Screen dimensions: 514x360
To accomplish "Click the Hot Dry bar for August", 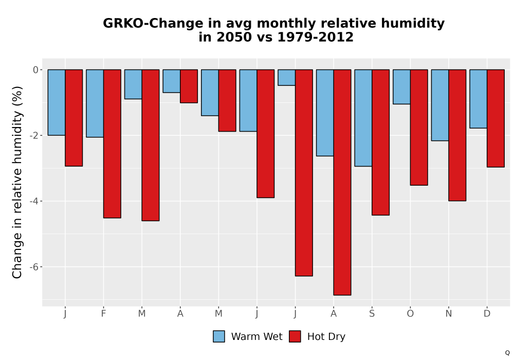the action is click(x=342, y=182).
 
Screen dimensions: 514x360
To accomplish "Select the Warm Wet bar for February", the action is click(x=95, y=103).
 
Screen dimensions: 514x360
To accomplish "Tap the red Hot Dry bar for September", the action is click(x=380, y=142).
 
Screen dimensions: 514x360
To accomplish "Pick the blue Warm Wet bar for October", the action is click(x=401, y=87).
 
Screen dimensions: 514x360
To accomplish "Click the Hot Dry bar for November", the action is click(x=457, y=135).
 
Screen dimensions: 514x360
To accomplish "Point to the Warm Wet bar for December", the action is click(x=478, y=99).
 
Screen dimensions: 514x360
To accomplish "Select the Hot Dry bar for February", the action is click(x=112, y=143).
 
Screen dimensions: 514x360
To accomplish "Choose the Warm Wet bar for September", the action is click(x=363, y=118).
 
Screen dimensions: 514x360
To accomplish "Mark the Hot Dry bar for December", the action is click(x=495, y=118).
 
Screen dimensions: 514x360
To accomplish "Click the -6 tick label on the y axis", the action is click(x=34, y=267).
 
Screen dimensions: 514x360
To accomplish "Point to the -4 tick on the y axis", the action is click(x=34, y=201).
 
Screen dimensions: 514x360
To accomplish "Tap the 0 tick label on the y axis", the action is click(x=36, y=69).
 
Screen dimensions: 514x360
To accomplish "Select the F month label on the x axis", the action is click(x=104, y=314).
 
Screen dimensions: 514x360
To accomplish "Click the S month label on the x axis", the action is click(x=372, y=314).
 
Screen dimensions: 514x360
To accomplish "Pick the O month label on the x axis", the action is click(x=410, y=314).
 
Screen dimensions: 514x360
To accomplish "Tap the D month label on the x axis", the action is click(x=487, y=314).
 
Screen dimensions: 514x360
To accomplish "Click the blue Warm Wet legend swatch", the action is click(x=219, y=336).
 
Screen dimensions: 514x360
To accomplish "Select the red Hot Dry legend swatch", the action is click(x=295, y=336).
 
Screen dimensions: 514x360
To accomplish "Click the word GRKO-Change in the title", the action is click(x=153, y=24).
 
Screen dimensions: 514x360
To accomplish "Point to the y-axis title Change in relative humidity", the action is click(x=17, y=182).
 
